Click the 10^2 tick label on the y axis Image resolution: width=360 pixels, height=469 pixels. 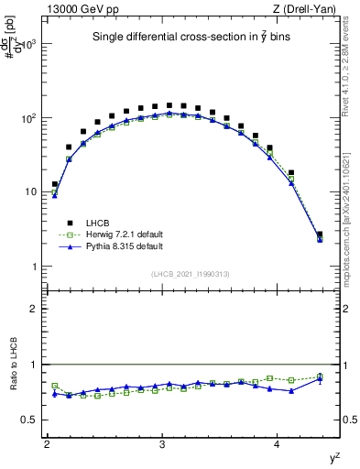click(x=29, y=118)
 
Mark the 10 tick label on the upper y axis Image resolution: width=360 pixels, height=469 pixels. click(x=32, y=192)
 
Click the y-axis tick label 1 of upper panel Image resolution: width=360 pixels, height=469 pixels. click(x=36, y=267)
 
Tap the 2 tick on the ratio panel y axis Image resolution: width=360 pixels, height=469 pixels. click(x=36, y=309)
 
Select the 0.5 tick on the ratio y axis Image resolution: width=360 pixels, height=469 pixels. click(x=32, y=420)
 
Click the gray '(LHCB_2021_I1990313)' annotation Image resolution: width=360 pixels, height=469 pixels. click(x=191, y=275)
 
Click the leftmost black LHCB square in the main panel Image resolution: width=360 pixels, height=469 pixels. click(x=55, y=184)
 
